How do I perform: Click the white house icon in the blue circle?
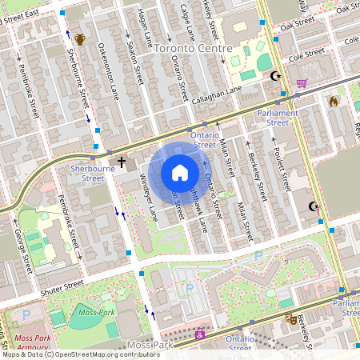(x=180, y=172)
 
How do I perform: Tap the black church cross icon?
(x=122, y=163)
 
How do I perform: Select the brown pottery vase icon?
(x=79, y=40)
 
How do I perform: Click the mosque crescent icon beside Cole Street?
(x=277, y=77)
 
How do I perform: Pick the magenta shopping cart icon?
(x=302, y=83)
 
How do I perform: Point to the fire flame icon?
(x=334, y=102)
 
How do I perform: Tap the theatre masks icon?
(x=290, y=318)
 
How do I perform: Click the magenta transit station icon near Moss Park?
(x=199, y=334)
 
